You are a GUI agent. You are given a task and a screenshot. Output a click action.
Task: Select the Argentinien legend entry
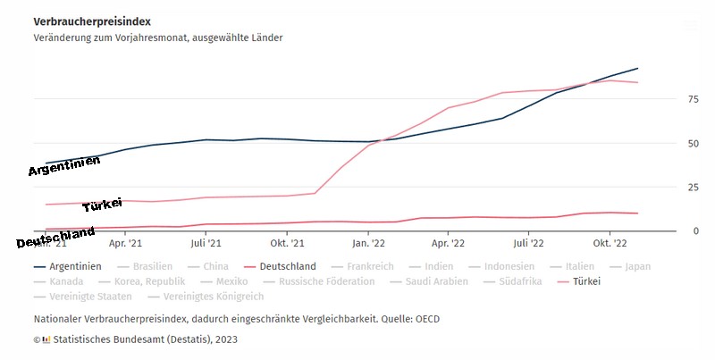(76, 266)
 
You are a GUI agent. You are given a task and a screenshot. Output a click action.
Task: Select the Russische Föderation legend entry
(326, 281)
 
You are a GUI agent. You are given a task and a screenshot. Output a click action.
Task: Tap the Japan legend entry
(638, 266)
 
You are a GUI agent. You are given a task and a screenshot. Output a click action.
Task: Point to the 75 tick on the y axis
(668, 99)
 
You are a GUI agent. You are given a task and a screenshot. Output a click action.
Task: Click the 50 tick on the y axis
(668, 143)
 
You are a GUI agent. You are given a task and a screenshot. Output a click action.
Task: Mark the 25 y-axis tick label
(668, 187)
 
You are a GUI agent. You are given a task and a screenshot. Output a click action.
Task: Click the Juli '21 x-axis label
(206, 242)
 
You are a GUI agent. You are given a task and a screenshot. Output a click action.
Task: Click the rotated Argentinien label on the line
(63, 164)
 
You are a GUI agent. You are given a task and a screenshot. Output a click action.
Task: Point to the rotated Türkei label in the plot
(102, 205)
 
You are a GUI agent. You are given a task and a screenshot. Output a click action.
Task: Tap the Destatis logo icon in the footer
(46, 339)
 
